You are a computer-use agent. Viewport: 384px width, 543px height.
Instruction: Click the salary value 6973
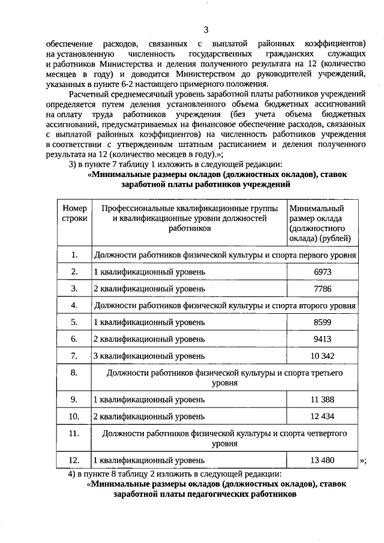322,272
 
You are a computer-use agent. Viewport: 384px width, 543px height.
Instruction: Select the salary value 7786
322,289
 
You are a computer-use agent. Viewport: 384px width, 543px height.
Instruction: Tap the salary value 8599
322,322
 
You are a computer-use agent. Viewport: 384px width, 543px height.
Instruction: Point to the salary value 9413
322,339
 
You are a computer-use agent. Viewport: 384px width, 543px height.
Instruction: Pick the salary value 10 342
322,356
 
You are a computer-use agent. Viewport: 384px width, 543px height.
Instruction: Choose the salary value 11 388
322,399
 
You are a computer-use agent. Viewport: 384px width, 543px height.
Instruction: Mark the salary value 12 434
322,416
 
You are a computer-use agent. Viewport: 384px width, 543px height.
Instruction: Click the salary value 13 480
322,460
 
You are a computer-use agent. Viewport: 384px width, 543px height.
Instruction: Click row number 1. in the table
74,255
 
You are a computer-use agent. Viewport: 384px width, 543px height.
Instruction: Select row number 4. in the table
74,305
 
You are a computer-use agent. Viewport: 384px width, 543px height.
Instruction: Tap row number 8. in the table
74,373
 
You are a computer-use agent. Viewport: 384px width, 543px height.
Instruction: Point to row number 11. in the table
74,433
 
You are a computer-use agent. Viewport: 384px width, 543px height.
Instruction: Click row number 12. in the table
74,460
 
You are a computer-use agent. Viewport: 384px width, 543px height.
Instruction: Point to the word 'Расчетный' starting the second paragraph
88,94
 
